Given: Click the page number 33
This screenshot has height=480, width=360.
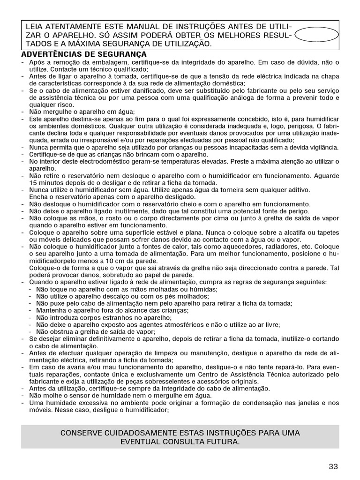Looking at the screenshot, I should [333, 466].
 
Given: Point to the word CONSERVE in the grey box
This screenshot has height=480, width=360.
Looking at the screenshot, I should [81, 432].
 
